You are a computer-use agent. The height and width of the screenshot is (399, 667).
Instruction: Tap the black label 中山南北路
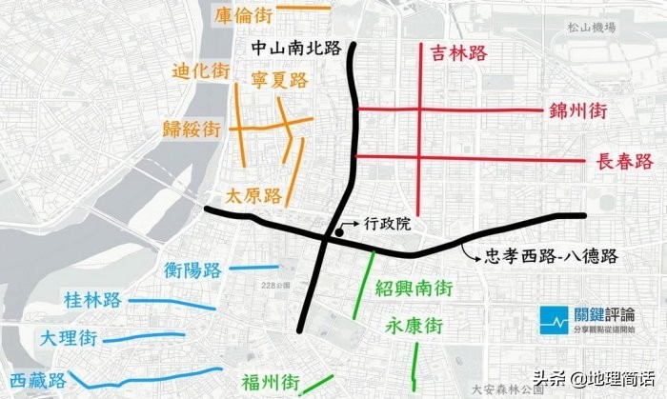click(x=298, y=46)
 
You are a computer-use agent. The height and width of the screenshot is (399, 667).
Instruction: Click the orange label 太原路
click(x=253, y=196)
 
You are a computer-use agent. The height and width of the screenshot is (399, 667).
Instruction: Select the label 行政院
click(x=387, y=224)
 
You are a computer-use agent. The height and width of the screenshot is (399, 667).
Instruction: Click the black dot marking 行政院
click(x=339, y=231)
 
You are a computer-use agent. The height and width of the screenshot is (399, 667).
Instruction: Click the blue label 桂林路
click(x=93, y=301)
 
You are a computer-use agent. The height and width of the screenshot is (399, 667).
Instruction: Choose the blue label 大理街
click(x=69, y=338)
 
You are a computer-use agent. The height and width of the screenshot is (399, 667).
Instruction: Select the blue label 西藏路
click(x=38, y=379)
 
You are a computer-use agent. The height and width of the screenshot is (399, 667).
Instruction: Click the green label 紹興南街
click(x=414, y=287)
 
